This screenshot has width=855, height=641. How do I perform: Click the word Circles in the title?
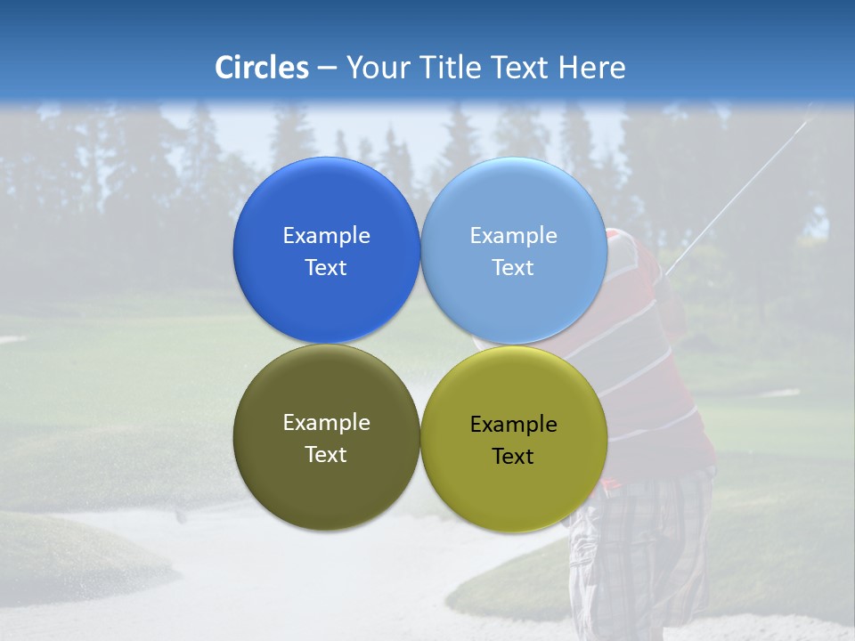tap(262, 68)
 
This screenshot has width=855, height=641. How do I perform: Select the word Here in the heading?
tap(591, 68)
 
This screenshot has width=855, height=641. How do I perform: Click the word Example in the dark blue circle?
tap(326, 235)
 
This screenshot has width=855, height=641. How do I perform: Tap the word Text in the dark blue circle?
tap(326, 267)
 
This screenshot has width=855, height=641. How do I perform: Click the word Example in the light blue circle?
tap(514, 235)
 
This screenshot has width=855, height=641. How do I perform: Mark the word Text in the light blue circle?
tap(514, 267)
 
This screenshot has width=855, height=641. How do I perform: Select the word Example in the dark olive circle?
tap(326, 422)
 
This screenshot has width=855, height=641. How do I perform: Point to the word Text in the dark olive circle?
tap(326, 454)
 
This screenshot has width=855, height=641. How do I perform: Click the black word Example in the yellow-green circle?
tap(514, 424)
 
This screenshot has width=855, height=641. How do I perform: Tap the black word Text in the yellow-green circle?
tap(514, 456)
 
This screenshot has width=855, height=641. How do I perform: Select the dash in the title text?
tap(327, 69)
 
